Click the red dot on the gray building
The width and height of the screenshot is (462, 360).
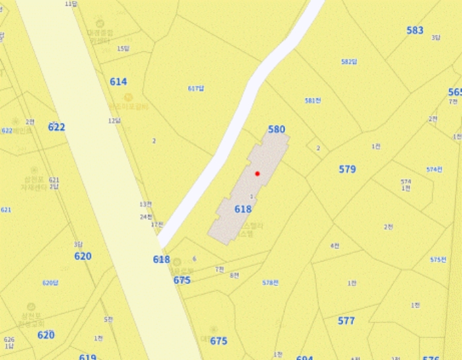coord(257,173)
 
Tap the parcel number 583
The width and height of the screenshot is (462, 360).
coord(415,30)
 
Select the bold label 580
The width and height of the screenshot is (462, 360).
coord(277,129)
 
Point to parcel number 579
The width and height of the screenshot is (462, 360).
coord(347,169)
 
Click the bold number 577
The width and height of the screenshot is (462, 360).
coord(346,321)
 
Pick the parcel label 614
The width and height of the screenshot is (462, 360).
coord(118,82)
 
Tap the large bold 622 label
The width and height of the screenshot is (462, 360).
coord(57,127)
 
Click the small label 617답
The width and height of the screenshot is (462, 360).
coord(196,89)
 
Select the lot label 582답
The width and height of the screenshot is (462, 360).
coord(348,61)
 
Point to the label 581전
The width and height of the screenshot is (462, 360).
coord(313,100)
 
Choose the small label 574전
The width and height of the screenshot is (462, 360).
coord(434,169)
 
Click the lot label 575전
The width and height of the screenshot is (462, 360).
coord(438,260)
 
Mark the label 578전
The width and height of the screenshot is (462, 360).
coord(270,283)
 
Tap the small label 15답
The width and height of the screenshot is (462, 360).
coord(123,48)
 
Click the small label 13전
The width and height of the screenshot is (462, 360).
coord(145,204)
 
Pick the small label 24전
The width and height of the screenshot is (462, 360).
coord(146,217)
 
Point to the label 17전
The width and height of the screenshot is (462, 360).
coord(156,225)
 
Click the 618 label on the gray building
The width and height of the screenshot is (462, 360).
coord(243,209)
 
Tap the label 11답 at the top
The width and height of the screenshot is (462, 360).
coord(71,3)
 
